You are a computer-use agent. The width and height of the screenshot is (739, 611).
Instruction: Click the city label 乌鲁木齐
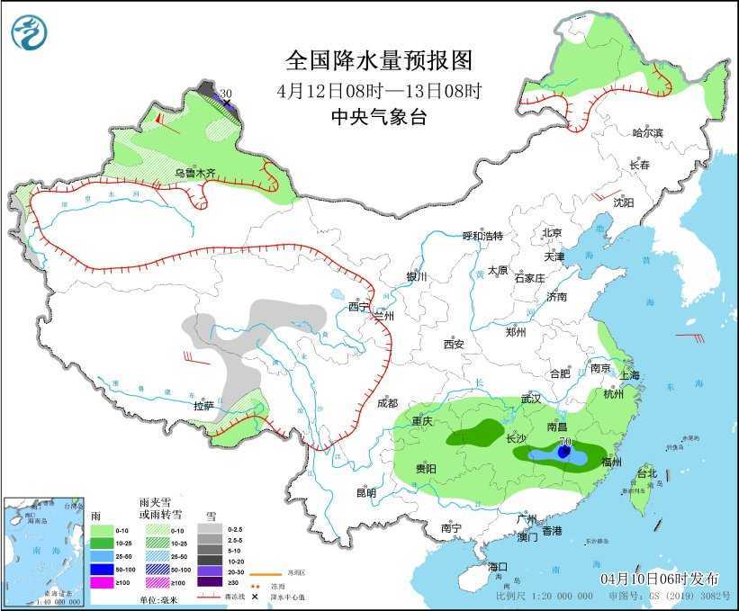coord(194,172)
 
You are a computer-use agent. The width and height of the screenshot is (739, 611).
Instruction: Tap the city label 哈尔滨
coord(646,133)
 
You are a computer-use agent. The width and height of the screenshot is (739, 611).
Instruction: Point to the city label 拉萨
coord(203,406)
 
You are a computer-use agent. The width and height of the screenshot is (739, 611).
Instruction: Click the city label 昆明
coord(365,492)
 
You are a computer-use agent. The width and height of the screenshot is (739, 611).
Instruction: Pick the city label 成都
coord(387,402)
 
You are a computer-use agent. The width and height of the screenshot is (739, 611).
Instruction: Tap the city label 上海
coord(630,375)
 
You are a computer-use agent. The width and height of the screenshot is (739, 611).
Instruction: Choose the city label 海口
coord(499,566)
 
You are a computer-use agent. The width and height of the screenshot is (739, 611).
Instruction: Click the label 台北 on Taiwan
coord(646,473)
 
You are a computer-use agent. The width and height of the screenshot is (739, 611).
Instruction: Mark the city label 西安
coord(453,344)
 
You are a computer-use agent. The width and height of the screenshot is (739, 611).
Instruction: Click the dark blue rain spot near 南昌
coord(564,454)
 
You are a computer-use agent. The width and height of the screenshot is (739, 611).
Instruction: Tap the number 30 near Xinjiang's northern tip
coord(226,94)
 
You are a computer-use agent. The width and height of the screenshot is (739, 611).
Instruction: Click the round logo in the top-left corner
coord(29,32)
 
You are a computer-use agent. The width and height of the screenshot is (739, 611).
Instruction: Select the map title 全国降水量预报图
coord(378,60)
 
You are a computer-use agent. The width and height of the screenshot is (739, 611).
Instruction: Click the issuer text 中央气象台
coord(378,116)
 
